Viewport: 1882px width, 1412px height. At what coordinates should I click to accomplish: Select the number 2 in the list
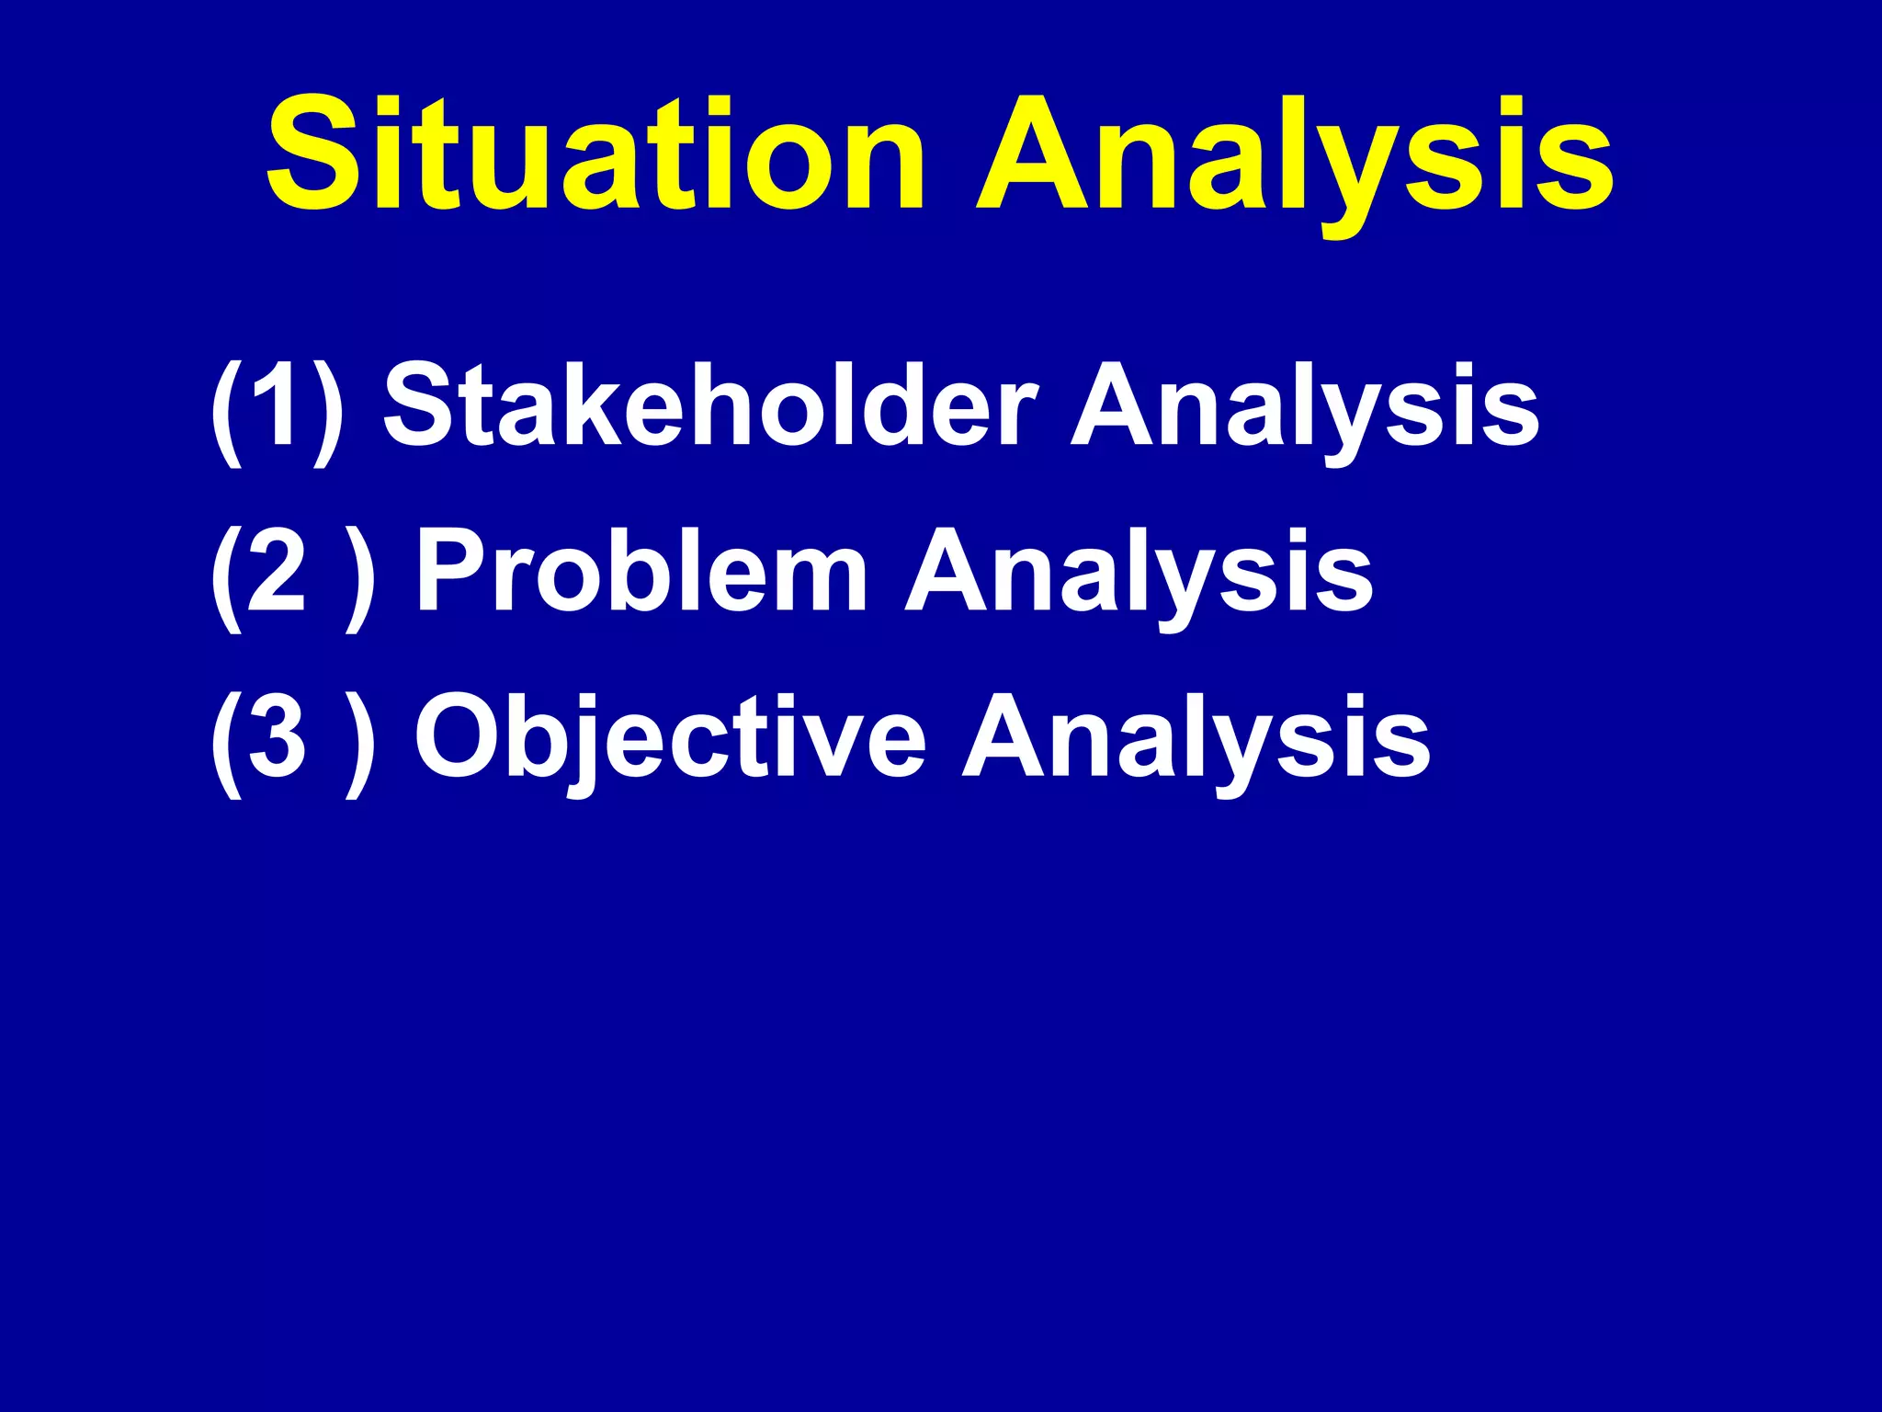point(275,572)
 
